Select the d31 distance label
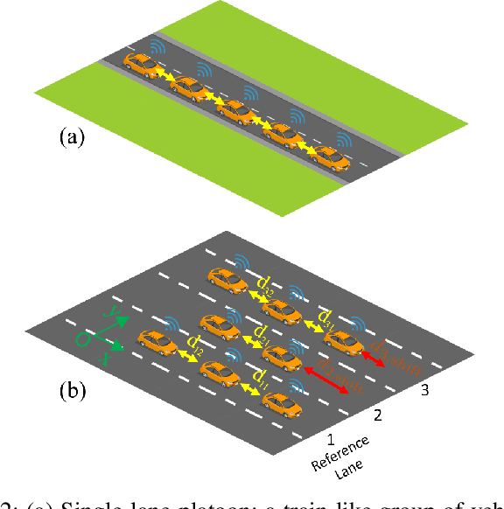(x=327, y=316)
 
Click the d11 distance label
(x=260, y=377)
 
